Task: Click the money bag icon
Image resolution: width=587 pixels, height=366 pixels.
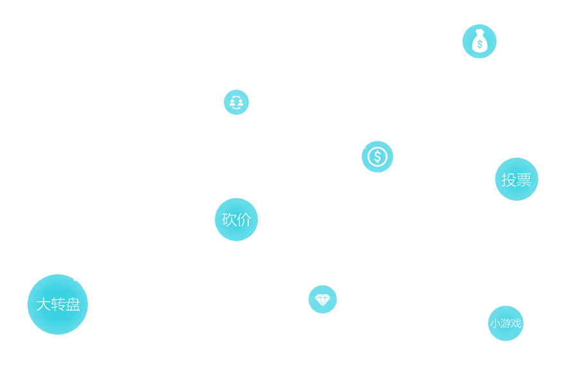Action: (479, 41)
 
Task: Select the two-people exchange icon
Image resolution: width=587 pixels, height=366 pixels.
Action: (236, 103)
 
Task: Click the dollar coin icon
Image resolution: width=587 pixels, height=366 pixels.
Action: (377, 156)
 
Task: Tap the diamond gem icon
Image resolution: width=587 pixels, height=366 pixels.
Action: (323, 299)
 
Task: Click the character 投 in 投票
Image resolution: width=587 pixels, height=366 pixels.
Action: (509, 180)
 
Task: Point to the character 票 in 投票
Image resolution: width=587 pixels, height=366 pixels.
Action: (523, 180)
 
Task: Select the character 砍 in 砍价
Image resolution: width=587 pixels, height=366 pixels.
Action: (229, 219)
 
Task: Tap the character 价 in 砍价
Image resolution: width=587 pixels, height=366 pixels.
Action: (244, 219)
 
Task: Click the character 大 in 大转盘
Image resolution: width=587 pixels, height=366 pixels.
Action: (43, 304)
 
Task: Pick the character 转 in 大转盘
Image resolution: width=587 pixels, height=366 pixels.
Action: (58, 304)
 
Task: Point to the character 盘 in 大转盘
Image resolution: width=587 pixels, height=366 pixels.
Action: (73, 304)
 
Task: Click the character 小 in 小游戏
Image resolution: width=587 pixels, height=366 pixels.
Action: (495, 324)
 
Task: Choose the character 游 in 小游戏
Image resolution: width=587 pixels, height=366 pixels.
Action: (506, 324)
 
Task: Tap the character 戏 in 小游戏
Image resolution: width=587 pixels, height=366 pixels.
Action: (516, 324)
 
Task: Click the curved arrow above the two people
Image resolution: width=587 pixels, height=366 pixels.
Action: (236, 96)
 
